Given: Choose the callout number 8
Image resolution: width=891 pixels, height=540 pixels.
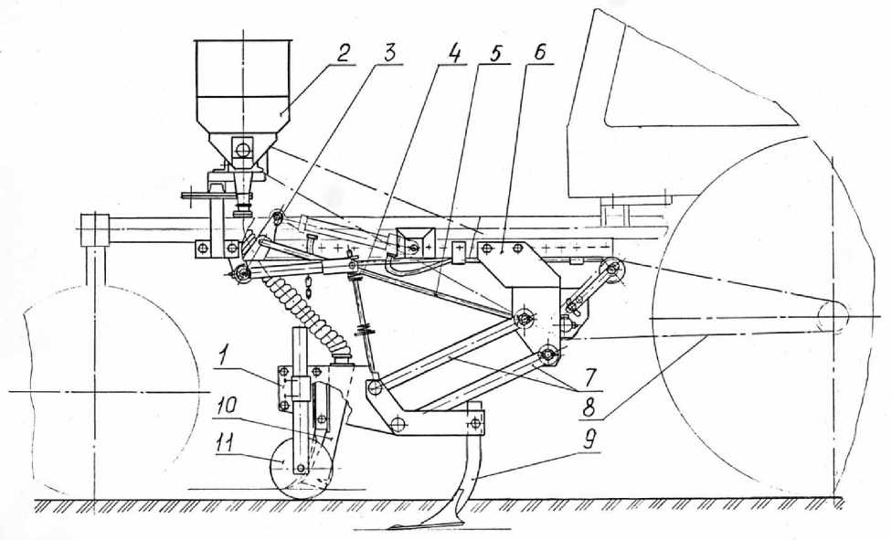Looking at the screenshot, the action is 590,407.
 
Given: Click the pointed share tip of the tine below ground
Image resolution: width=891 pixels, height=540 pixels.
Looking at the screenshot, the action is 398,526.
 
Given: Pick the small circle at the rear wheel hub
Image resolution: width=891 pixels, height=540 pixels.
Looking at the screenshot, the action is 833,316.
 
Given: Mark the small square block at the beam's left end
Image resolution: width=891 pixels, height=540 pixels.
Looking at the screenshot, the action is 94,229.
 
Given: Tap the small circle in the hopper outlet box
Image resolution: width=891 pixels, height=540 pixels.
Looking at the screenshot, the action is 243,150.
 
